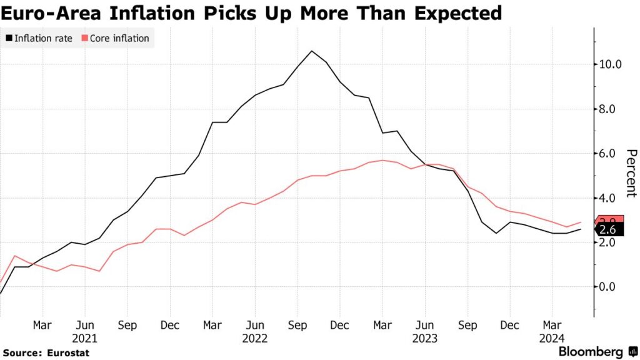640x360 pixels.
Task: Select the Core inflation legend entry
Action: [x=119, y=39]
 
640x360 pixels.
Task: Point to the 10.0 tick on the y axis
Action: [x=609, y=64]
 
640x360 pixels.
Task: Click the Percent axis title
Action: [x=631, y=173]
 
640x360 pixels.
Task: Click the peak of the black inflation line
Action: [x=312, y=51]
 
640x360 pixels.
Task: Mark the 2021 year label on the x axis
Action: [x=84, y=338]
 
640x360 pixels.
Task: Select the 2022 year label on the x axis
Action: [x=255, y=338]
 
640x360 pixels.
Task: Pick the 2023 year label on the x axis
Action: [x=425, y=338]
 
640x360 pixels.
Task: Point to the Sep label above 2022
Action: [x=297, y=326]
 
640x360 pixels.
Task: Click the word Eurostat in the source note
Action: [x=68, y=353]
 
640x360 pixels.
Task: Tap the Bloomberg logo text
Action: [x=590, y=352]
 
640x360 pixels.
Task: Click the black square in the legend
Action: [x=9, y=39]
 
